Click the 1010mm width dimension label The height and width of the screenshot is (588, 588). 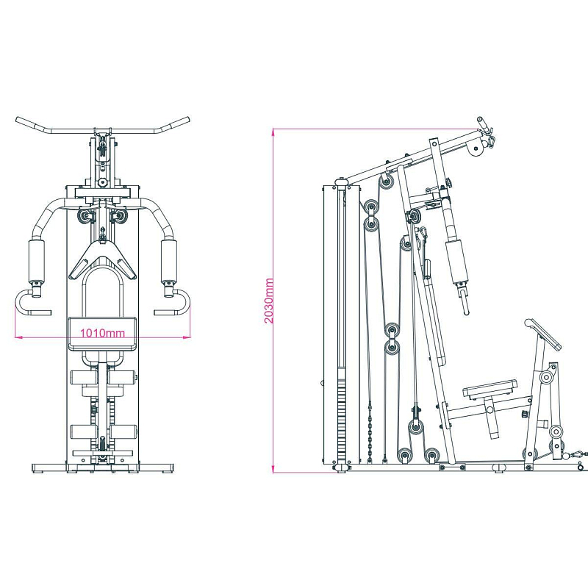pos(102,333)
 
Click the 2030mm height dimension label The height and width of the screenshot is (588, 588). pos(269,301)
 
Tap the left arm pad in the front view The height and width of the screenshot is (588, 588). pos(36,262)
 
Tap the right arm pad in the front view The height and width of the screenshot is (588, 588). pos(169,262)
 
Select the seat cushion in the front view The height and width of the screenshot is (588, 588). pos(102,334)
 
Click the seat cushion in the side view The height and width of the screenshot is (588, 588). pos(490,388)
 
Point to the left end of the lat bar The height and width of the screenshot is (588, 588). pos(17,120)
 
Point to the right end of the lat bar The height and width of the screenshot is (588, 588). pos(187,120)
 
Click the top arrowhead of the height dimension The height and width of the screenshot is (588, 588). pos(273,132)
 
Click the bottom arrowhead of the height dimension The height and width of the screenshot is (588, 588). pos(273,470)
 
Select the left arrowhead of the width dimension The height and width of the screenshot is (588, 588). pos(17,337)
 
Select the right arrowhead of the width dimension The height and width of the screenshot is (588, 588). pos(187,337)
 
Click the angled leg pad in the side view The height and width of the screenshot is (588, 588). pos(542,334)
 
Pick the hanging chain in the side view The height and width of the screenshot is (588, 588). pos(370,432)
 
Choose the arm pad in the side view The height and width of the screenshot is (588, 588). pos(457,263)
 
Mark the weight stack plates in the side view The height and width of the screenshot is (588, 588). pos(341,420)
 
